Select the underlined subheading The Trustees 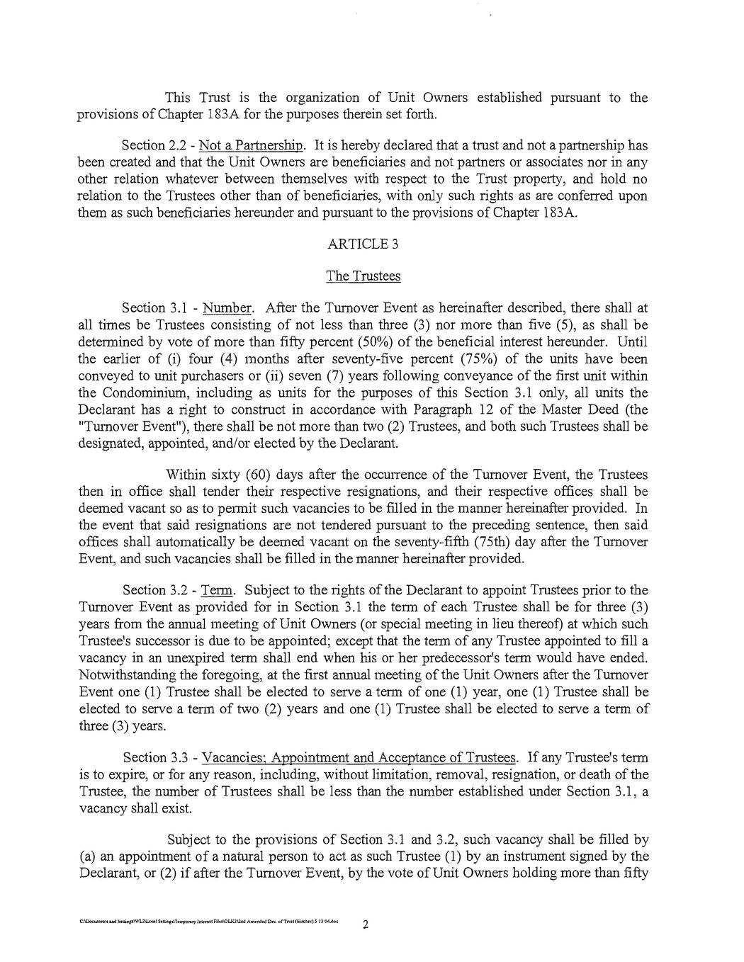coord(363,276)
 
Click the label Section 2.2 coord(153,146)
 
